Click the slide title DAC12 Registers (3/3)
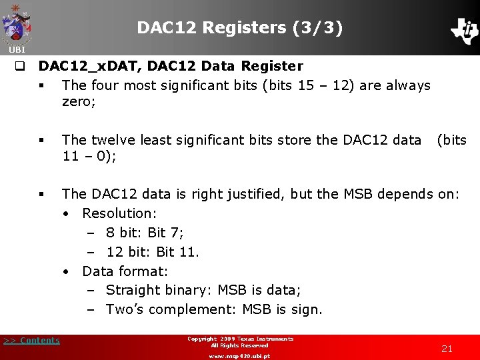pos(240,27)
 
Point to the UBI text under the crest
pos(17,50)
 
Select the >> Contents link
pos(31,341)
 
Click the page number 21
pos(447,349)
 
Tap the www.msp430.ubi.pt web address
pos(239,356)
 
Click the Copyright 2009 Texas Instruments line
pos(240,339)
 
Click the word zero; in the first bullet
pos(79,101)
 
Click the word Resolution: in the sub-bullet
pos(119,213)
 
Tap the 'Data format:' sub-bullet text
pos(125,271)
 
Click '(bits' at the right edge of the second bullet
pos(451,139)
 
